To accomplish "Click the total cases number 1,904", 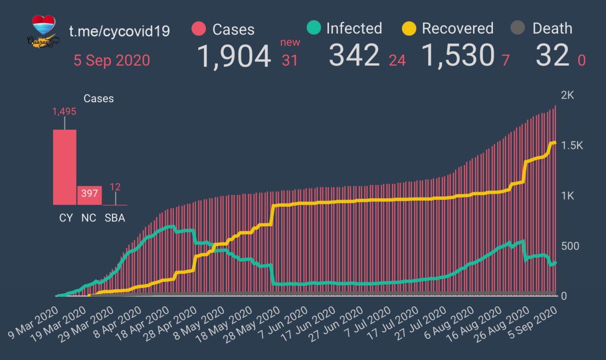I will [233, 56].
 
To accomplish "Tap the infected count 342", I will [354, 56].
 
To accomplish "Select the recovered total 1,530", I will [458, 56].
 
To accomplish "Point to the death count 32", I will [552, 56].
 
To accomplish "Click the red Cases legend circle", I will [199, 29].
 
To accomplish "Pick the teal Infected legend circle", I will [313, 28].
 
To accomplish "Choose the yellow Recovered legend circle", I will [409, 28].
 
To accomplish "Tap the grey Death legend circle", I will [518, 28].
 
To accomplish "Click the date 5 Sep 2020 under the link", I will [111, 61].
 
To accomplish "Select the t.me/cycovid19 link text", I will [119, 31].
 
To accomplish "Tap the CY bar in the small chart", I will [65, 167].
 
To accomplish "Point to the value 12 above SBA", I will [115, 187].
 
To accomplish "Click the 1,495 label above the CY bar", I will [64, 112].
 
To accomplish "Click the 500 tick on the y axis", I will [570, 246].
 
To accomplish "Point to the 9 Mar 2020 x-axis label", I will [32, 327].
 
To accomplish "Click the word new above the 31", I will [290, 43].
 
